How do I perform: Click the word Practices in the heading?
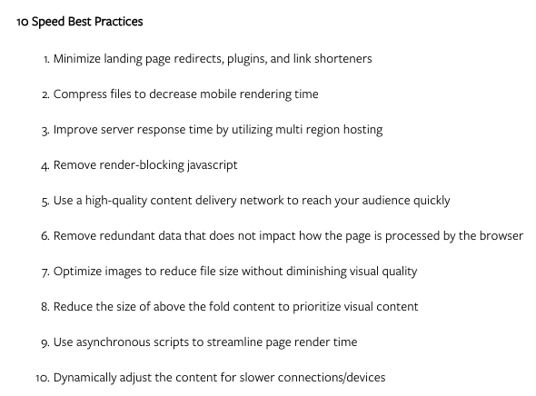click(119, 22)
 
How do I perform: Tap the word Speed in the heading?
click(48, 22)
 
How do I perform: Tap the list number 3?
click(45, 130)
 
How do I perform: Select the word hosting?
click(362, 130)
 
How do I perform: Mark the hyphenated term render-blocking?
click(142, 165)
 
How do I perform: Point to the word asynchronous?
click(114, 342)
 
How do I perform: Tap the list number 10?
click(43, 378)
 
